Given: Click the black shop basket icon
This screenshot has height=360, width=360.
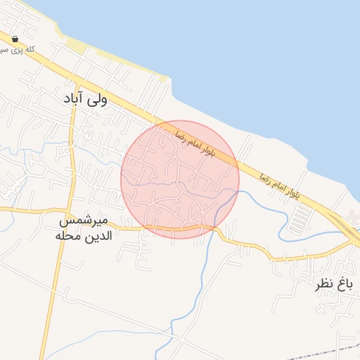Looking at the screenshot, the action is point(15,39).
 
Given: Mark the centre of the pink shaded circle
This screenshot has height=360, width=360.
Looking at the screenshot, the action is point(180,179).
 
